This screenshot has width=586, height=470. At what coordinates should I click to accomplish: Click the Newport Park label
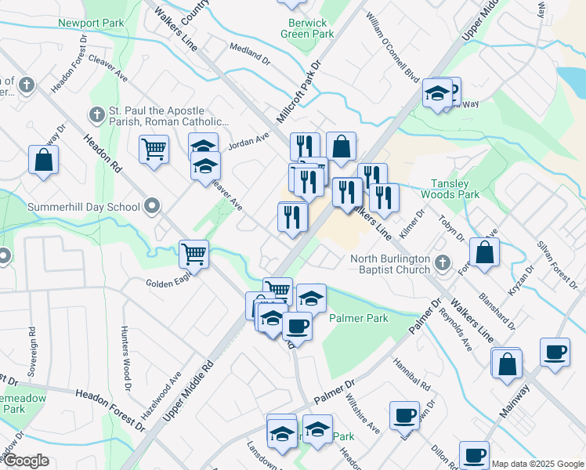[91, 23]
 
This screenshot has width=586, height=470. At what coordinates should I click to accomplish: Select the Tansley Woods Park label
[450, 188]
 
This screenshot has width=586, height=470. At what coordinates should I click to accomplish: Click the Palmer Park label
[359, 319]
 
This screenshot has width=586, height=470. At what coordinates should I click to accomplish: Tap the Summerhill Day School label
[84, 208]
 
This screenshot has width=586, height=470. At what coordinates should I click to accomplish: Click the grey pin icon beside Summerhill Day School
[152, 207]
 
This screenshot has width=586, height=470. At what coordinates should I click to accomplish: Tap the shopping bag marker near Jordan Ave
[342, 146]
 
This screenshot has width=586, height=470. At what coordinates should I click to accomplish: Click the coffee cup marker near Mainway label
[555, 352]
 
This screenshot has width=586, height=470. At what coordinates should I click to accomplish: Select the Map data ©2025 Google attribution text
[537, 463]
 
